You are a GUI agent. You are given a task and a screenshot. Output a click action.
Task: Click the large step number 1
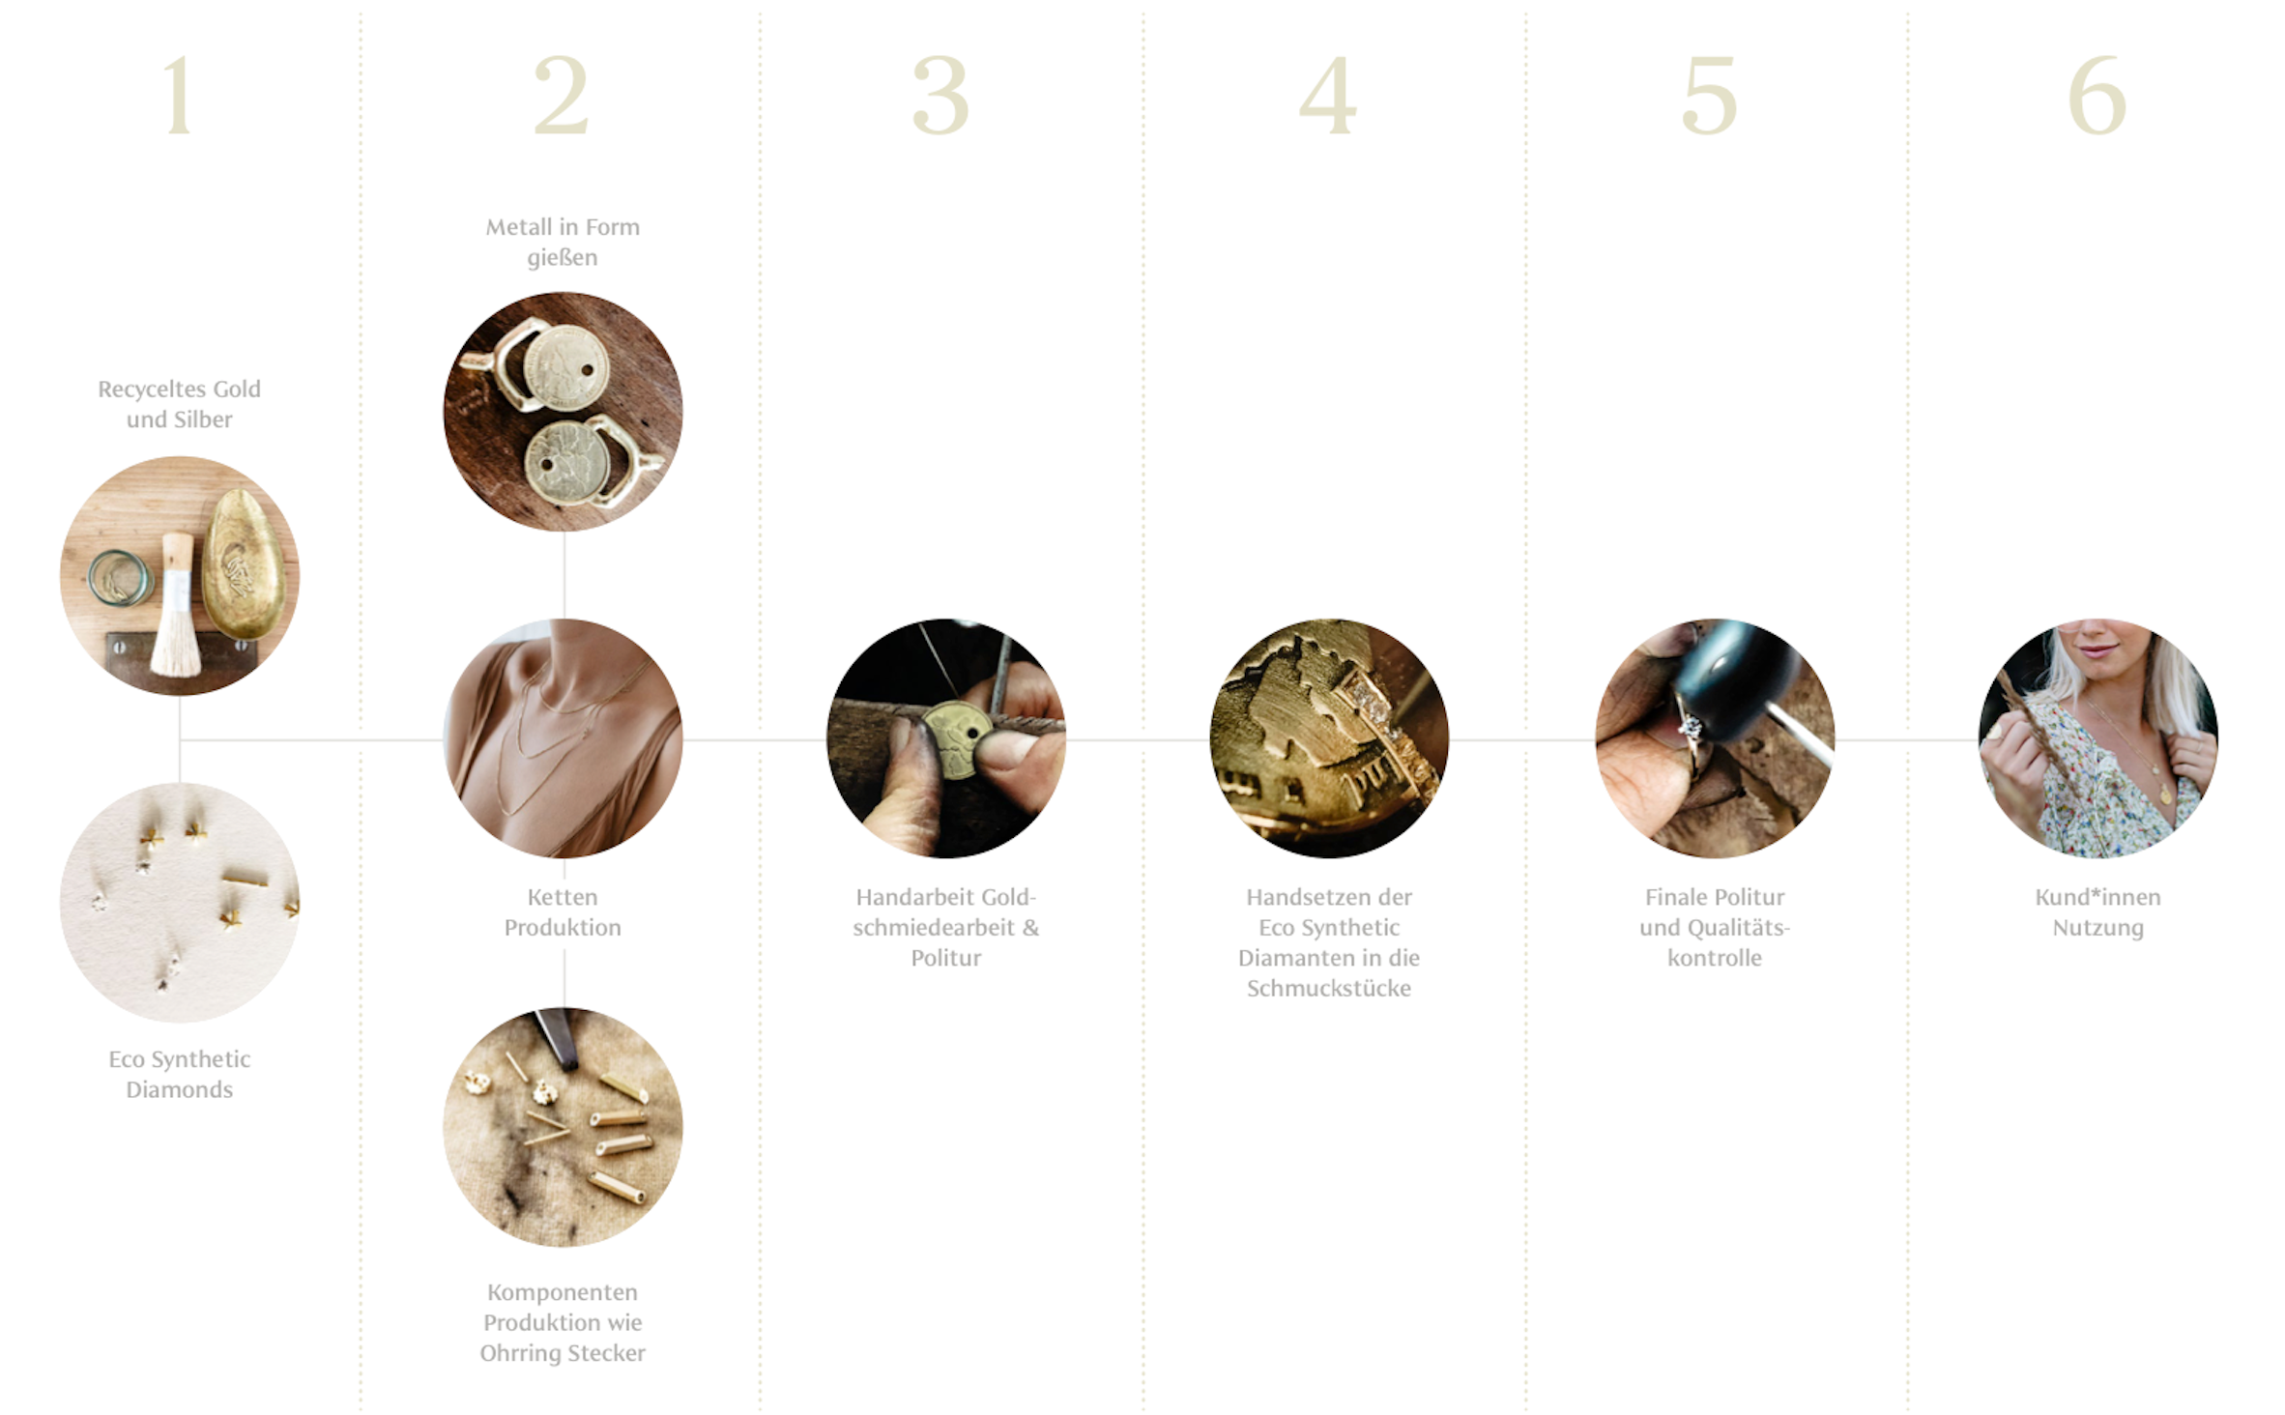click(x=179, y=95)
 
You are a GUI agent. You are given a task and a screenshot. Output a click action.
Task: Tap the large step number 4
click(x=1328, y=95)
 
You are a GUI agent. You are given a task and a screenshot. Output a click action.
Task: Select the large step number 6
click(x=2097, y=95)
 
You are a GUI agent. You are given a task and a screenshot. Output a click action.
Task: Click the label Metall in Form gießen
click(x=563, y=242)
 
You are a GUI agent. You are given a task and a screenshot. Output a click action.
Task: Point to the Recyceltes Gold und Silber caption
click(x=179, y=404)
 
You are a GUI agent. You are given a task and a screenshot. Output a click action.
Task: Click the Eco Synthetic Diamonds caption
click(x=180, y=1074)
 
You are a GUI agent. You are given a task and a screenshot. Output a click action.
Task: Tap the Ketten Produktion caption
click(x=563, y=911)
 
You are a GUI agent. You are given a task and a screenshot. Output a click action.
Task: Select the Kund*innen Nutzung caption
click(x=2097, y=911)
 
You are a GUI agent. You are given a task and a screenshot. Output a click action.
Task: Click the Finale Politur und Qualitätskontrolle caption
click(x=1715, y=927)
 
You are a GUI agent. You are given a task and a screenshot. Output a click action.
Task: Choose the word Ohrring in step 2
click(x=518, y=1353)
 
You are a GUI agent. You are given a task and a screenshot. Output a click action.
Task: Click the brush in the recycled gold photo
click(x=177, y=604)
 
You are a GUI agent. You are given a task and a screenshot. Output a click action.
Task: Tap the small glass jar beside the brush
click(x=120, y=578)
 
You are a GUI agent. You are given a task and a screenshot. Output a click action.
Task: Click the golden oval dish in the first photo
click(x=244, y=563)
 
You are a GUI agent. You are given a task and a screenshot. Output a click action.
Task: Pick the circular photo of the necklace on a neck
click(x=563, y=738)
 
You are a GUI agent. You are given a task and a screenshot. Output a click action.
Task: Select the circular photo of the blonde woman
click(x=2097, y=738)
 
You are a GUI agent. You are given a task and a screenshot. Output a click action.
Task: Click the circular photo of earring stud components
click(x=563, y=1127)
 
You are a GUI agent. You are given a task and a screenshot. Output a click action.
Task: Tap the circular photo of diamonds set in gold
click(x=1329, y=738)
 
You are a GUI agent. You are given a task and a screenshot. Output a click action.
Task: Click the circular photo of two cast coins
click(x=563, y=412)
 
